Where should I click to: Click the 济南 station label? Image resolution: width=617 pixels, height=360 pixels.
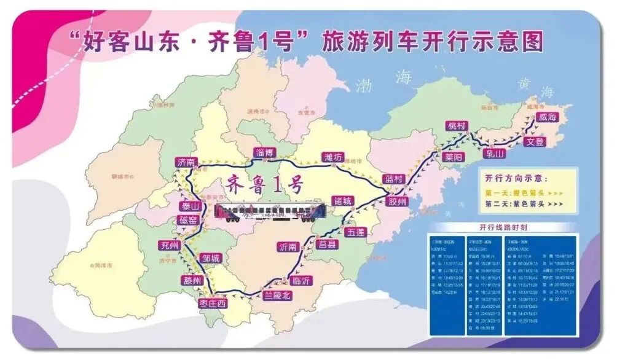pyautogui.click(x=185, y=162)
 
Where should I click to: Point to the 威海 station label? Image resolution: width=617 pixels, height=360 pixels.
pyautogui.click(x=546, y=117)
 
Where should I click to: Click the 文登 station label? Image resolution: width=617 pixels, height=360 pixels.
pyautogui.click(x=535, y=142)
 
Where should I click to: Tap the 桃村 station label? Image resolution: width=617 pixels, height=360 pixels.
pyautogui.click(x=458, y=126)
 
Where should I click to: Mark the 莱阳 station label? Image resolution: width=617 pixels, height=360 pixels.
pyautogui.click(x=453, y=157)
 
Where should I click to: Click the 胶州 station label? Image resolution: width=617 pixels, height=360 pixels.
pyautogui.click(x=398, y=202)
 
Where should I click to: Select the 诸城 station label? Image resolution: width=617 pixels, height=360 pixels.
pyautogui.click(x=343, y=200)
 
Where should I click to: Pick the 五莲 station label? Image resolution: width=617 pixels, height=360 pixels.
pyautogui.click(x=355, y=232)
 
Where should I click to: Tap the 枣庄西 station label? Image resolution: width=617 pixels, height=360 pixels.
pyautogui.click(x=213, y=303)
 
